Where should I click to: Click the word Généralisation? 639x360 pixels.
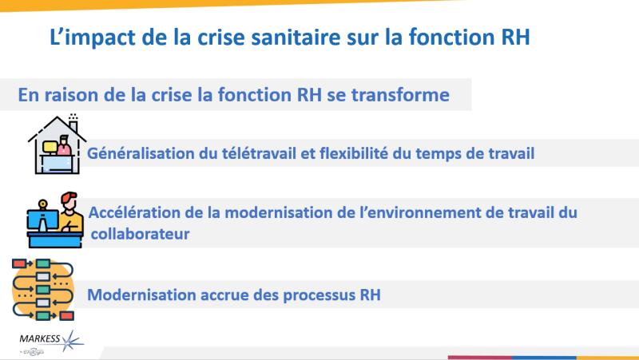(139, 152)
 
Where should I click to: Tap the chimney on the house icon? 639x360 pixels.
(73, 123)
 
